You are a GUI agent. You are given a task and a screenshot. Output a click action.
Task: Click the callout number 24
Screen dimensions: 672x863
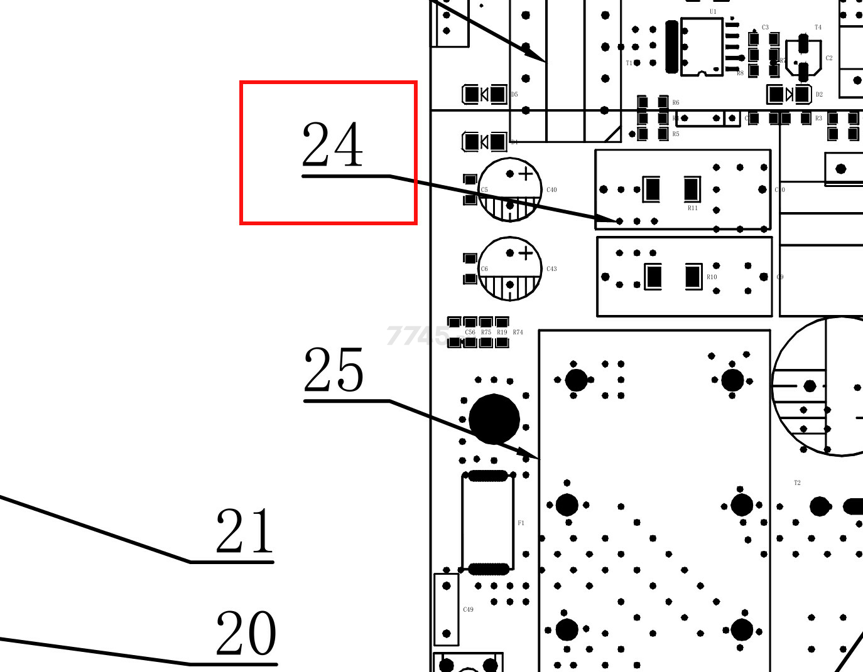[332, 144]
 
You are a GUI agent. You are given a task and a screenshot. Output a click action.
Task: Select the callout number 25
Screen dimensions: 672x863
[334, 370]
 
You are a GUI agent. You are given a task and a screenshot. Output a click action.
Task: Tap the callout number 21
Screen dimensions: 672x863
[245, 532]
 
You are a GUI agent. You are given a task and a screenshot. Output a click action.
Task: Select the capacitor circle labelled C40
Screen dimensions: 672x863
[510, 189]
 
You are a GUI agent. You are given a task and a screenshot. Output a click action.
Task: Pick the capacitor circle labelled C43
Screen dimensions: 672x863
[510, 269]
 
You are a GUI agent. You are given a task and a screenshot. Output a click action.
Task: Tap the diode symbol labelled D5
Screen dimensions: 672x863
[484, 95]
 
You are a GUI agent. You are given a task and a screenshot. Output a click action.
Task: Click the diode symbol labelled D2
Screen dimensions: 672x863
[790, 94]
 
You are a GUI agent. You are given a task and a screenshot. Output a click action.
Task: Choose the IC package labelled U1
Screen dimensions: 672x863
[702, 46]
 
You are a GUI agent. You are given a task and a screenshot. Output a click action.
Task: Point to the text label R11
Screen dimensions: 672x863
[693, 208]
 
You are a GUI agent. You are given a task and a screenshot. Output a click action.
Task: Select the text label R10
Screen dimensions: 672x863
[712, 277]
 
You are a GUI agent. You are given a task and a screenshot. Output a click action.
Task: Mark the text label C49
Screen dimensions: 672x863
[468, 609]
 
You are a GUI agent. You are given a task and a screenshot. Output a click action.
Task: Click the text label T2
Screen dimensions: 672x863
[797, 483]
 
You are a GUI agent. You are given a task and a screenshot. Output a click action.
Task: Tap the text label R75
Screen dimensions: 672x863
[486, 333]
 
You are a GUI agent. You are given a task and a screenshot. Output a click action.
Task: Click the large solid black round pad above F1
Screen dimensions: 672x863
[494, 419]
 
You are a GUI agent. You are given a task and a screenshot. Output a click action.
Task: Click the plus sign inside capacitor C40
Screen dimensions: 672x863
[526, 174]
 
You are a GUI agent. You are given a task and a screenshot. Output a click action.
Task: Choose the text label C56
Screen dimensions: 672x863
[470, 333]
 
